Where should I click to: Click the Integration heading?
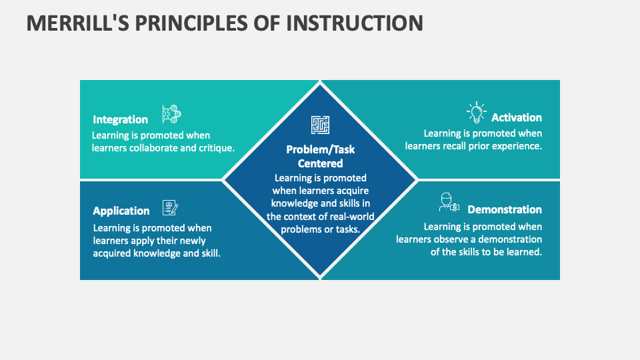[120, 120]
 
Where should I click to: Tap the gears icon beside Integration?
[171, 114]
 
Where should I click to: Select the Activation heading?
[517, 118]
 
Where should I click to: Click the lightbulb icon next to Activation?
[476, 113]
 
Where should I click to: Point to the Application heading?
[121, 211]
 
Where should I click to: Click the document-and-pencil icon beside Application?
[170, 208]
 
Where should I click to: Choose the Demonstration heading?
[505, 210]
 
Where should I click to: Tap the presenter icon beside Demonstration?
[449, 203]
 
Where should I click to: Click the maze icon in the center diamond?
[320, 125]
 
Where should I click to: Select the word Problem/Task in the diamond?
[320, 149]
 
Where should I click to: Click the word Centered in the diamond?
[320, 163]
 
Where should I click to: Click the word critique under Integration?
[217, 148]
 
